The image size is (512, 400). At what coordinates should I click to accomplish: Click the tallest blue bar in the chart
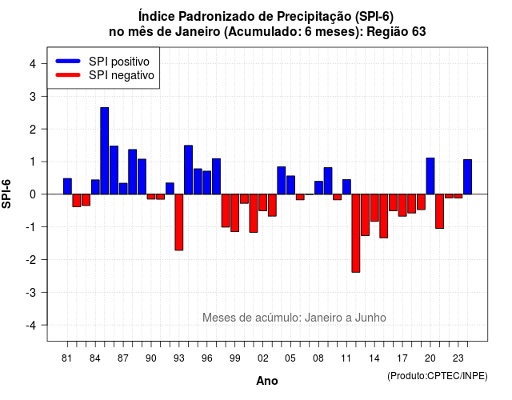tap(105, 151)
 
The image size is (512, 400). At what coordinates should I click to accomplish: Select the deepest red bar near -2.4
tap(356, 233)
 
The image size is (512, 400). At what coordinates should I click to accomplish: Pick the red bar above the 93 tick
tap(179, 222)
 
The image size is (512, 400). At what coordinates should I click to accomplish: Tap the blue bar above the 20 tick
tap(430, 176)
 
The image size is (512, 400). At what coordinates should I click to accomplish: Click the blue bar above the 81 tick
tap(67, 186)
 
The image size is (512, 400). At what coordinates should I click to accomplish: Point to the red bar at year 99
tap(234, 213)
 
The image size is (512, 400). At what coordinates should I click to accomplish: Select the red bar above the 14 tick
tap(374, 208)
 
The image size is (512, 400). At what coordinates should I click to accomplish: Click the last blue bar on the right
tap(467, 177)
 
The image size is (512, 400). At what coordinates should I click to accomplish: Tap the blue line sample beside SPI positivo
tap(68, 61)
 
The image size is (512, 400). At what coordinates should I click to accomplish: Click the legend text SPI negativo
tap(122, 75)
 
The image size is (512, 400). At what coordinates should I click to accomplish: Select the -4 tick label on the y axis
tap(31, 326)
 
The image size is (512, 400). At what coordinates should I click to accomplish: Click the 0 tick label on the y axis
tap(33, 194)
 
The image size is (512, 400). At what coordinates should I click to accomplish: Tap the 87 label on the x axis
tap(122, 358)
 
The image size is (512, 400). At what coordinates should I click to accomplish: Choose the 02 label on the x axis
tap(263, 358)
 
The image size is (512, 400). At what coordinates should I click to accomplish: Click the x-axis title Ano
tap(267, 381)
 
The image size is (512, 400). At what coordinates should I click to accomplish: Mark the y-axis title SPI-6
tap(6, 194)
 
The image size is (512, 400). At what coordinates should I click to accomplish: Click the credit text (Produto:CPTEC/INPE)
tap(438, 376)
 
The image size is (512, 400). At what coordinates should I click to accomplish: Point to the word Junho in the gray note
tap(370, 318)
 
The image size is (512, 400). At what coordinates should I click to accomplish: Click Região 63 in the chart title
tap(396, 32)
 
